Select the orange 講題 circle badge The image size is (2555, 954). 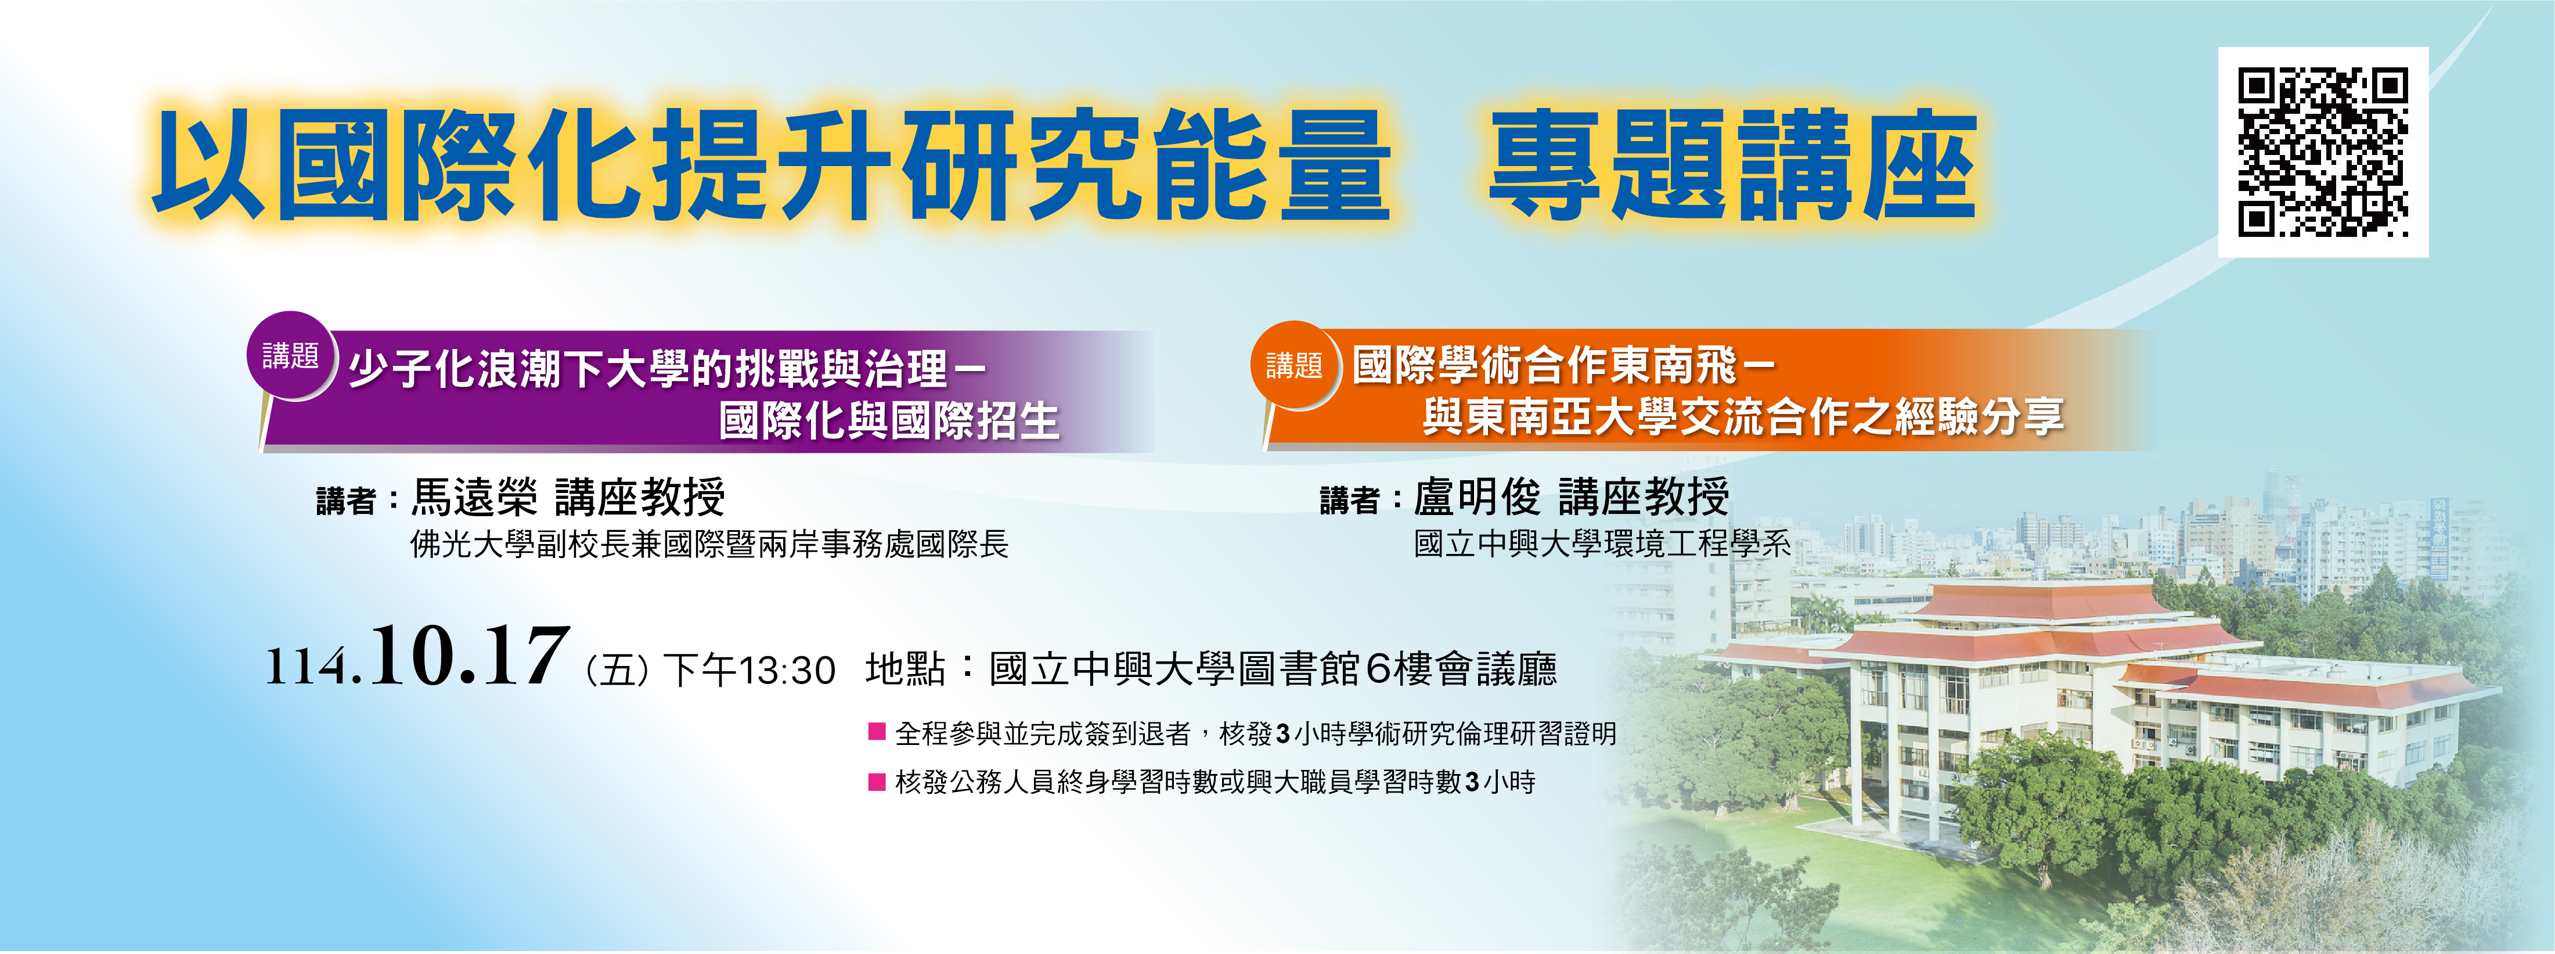coord(1295,366)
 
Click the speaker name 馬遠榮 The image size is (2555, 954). coord(474,497)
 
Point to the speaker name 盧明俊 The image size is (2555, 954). coord(1477,497)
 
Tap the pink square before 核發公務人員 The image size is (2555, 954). coord(877,782)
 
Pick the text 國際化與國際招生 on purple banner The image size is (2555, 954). coord(889,420)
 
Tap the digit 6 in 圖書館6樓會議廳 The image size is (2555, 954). coord(1379,669)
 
